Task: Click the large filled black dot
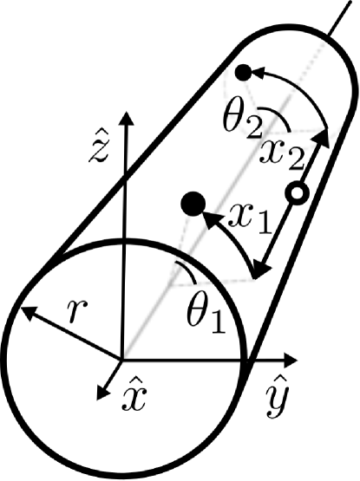pos(192,205)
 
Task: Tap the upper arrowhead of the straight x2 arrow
pos(325,135)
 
